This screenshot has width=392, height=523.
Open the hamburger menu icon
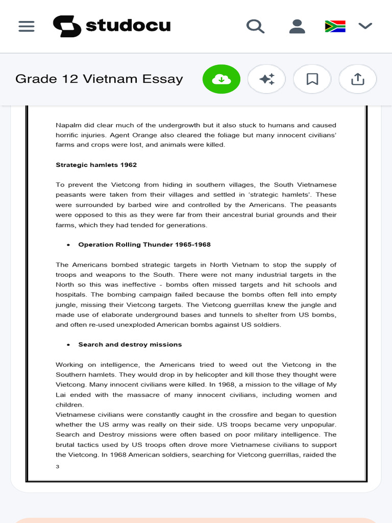coord(27,26)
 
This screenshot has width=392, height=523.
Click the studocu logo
coord(112,26)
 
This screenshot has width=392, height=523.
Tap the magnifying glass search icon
coord(255,26)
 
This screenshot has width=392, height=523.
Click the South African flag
coord(335,26)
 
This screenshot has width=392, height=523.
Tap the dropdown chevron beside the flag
coord(365,26)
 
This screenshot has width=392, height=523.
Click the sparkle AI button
coord(267,79)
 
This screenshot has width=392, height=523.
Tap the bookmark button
coord(312,79)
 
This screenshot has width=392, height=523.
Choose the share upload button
coord(358,79)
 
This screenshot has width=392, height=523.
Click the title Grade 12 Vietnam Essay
coord(99,79)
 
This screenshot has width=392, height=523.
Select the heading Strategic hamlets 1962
coord(96,165)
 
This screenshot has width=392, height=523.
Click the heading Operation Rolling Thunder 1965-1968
coord(144,245)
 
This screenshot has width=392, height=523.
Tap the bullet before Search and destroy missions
coord(68,345)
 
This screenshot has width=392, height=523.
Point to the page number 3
coord(58,466)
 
